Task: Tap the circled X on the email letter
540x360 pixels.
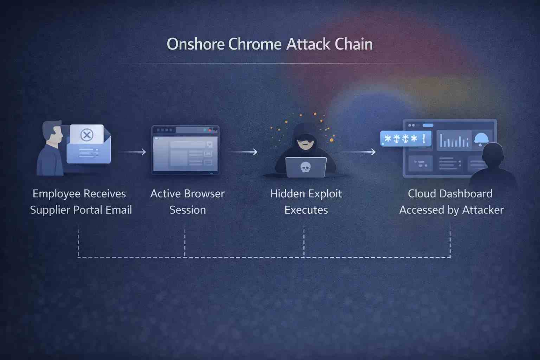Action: pos(86,135)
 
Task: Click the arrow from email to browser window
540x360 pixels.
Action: pos(133,152)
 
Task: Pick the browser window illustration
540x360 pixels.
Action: pos(185,150)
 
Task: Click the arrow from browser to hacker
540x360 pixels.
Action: pos(244,152)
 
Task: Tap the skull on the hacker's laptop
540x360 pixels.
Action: pos(305,167)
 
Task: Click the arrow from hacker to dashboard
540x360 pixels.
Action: pos(359,152)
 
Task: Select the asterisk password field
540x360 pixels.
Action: pos(405,139)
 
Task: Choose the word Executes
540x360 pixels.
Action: pos(306,210)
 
